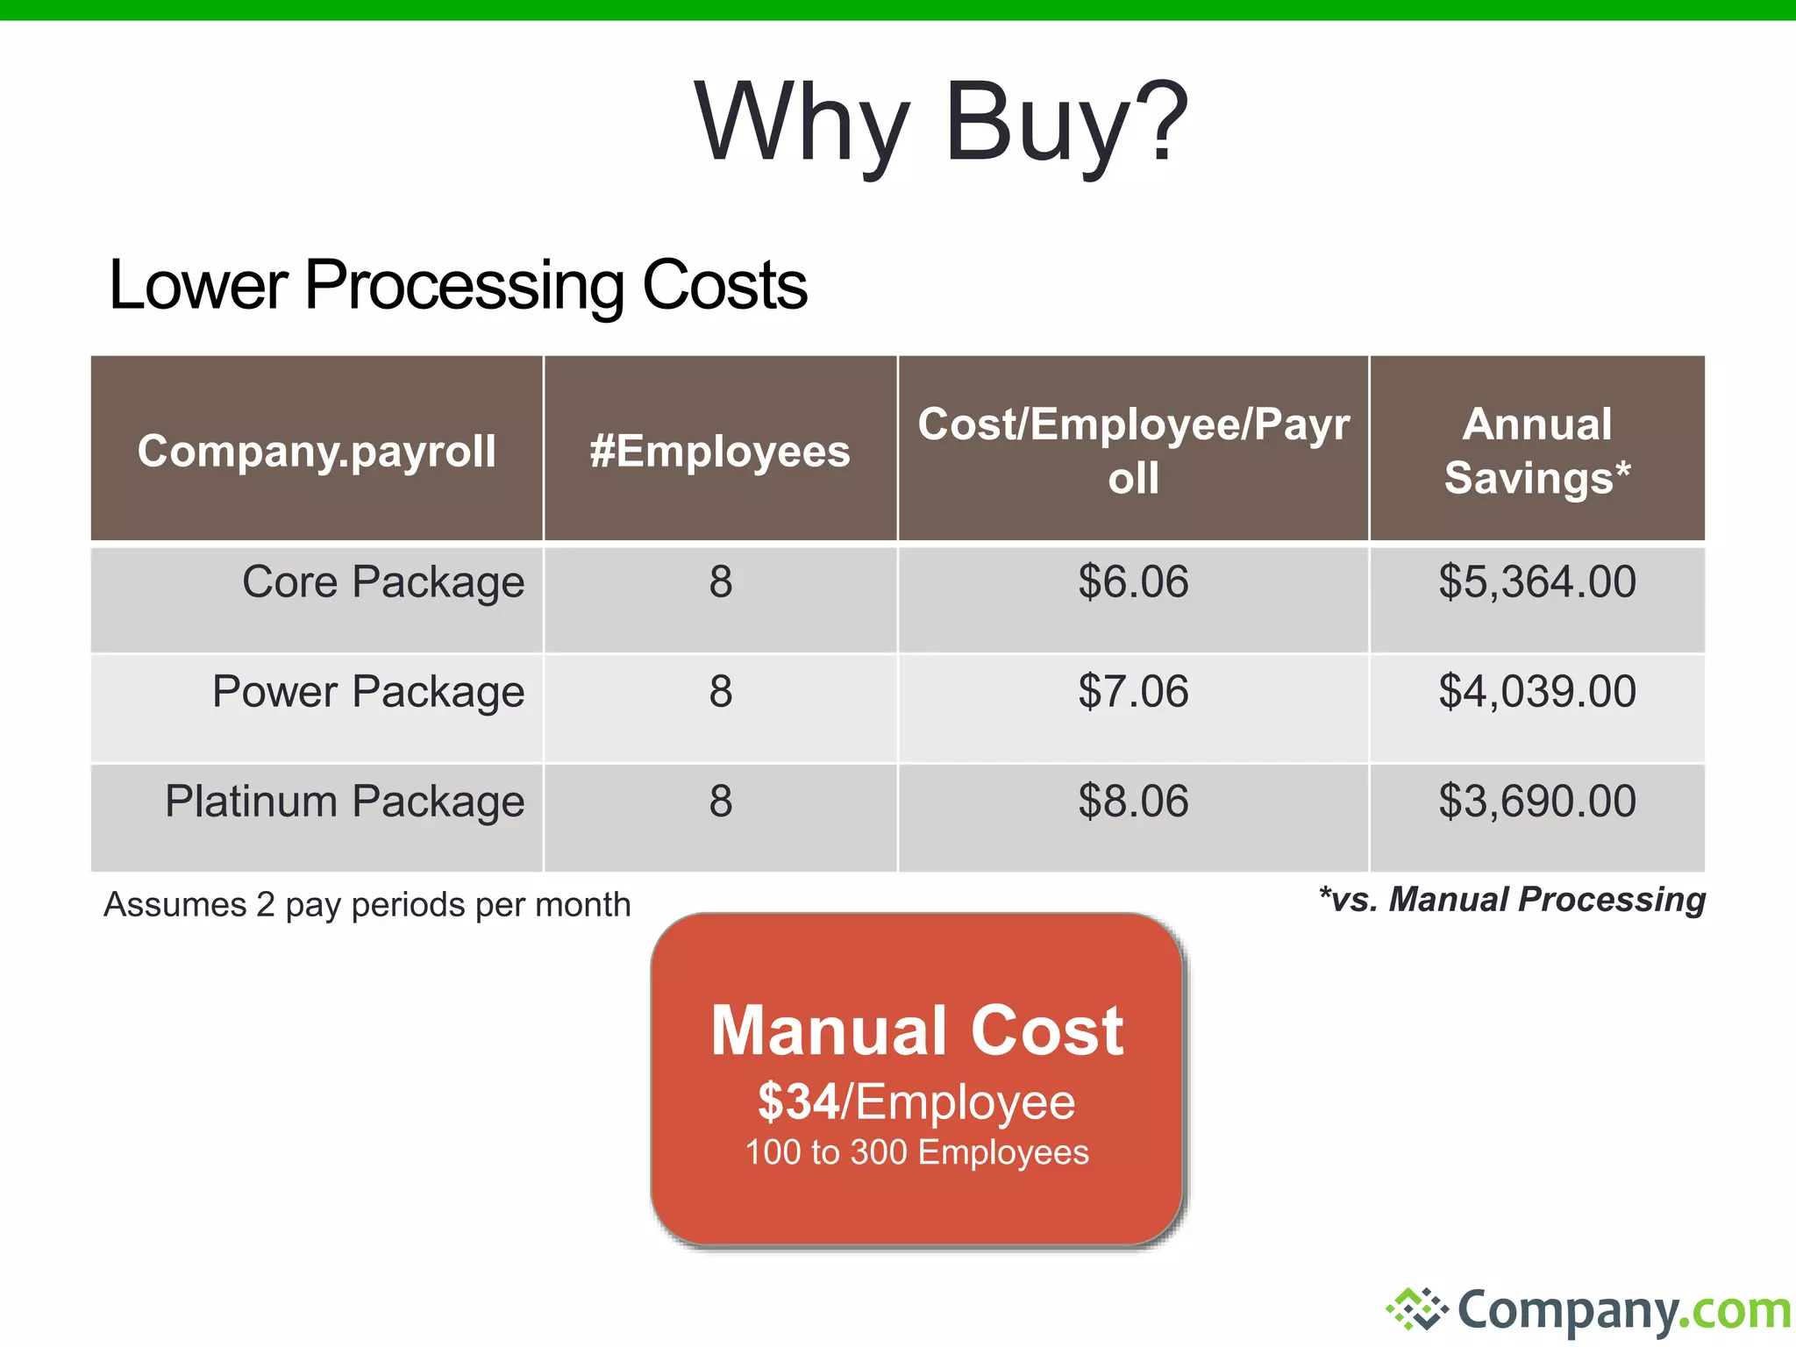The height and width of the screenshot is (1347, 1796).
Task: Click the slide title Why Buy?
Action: (x=940, y=123)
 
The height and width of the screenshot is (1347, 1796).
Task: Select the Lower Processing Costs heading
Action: (x=457, y=285)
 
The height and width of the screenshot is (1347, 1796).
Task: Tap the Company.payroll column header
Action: (x=317, y=451)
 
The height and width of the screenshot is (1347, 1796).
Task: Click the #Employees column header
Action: (x=720, y=451)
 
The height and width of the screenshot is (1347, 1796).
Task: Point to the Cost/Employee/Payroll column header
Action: (x=1133, y=451)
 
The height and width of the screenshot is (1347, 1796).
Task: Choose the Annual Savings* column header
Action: (x=1536, y=451)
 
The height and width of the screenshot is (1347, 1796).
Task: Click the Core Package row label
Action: (x=383, y=582)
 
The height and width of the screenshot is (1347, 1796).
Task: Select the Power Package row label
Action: (x=368, y=692)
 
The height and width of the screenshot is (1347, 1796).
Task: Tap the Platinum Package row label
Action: (x=345, y=802)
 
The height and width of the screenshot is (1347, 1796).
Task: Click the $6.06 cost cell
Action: (x=1133, y=582)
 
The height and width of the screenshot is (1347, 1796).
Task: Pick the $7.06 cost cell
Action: (x=1133, y=692)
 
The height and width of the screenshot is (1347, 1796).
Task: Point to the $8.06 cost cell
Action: (x=1133, y=802)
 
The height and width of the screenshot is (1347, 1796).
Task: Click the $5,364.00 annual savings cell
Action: (x=1536, y=582)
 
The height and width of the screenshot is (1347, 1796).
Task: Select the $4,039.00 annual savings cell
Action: (x=1536, y=692)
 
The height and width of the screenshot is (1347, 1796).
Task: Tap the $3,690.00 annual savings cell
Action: (x=1536, y=802)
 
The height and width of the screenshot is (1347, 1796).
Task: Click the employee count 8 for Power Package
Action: (x=720, y=692)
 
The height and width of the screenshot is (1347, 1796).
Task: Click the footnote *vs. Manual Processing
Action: (x=1512, y=900)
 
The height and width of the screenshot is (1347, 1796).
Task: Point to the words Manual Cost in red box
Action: (x=916, y=1030)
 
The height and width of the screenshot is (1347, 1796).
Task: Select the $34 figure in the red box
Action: (x=798, y=1101)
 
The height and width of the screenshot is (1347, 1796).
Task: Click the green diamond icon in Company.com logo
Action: (x=1416, y=1309)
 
